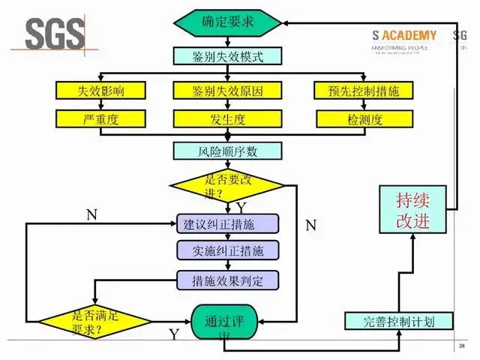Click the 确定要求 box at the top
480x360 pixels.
coord(227,21)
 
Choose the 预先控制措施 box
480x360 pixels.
coord(363,91)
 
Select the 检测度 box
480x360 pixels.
coord(363,118)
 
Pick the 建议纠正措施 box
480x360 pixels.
coord(227,223)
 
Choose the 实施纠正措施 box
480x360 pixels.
coord(227,250)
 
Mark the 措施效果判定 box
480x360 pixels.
coord(227,280)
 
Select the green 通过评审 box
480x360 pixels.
coord(224,324)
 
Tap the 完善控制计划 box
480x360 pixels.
coord(400,322)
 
